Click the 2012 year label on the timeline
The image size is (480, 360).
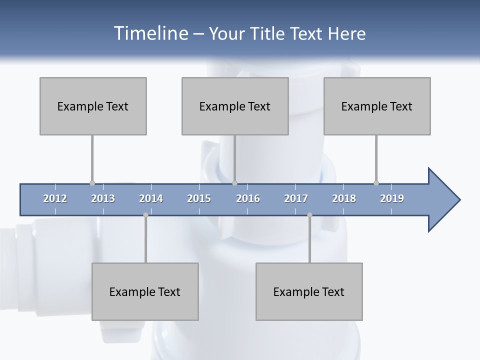pos(55,198)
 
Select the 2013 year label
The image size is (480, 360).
pos(103,198)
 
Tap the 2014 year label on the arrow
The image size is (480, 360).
pos(151,198)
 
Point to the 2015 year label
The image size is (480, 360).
pos(199,198)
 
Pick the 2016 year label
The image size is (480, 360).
pos(248,198)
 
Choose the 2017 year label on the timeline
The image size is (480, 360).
pos(296,198)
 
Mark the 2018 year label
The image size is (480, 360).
pos(344,198)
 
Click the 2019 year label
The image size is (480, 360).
pos(392,198)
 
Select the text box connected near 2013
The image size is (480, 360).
pos(93,106)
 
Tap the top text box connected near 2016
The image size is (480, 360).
pos(235,106)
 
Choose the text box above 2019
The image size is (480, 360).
pos(377,106)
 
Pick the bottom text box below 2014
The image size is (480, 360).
pos(145,291)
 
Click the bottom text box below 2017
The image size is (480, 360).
pos(309,291)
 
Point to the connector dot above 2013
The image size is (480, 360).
pos(92,183)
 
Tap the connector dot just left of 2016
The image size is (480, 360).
pos(235,183)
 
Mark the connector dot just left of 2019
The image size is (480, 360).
pos(376,183)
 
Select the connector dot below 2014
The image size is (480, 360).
pos(145,215)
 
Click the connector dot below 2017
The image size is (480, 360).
pos(309,215)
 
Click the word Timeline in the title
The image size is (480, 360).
pos(150,33)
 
